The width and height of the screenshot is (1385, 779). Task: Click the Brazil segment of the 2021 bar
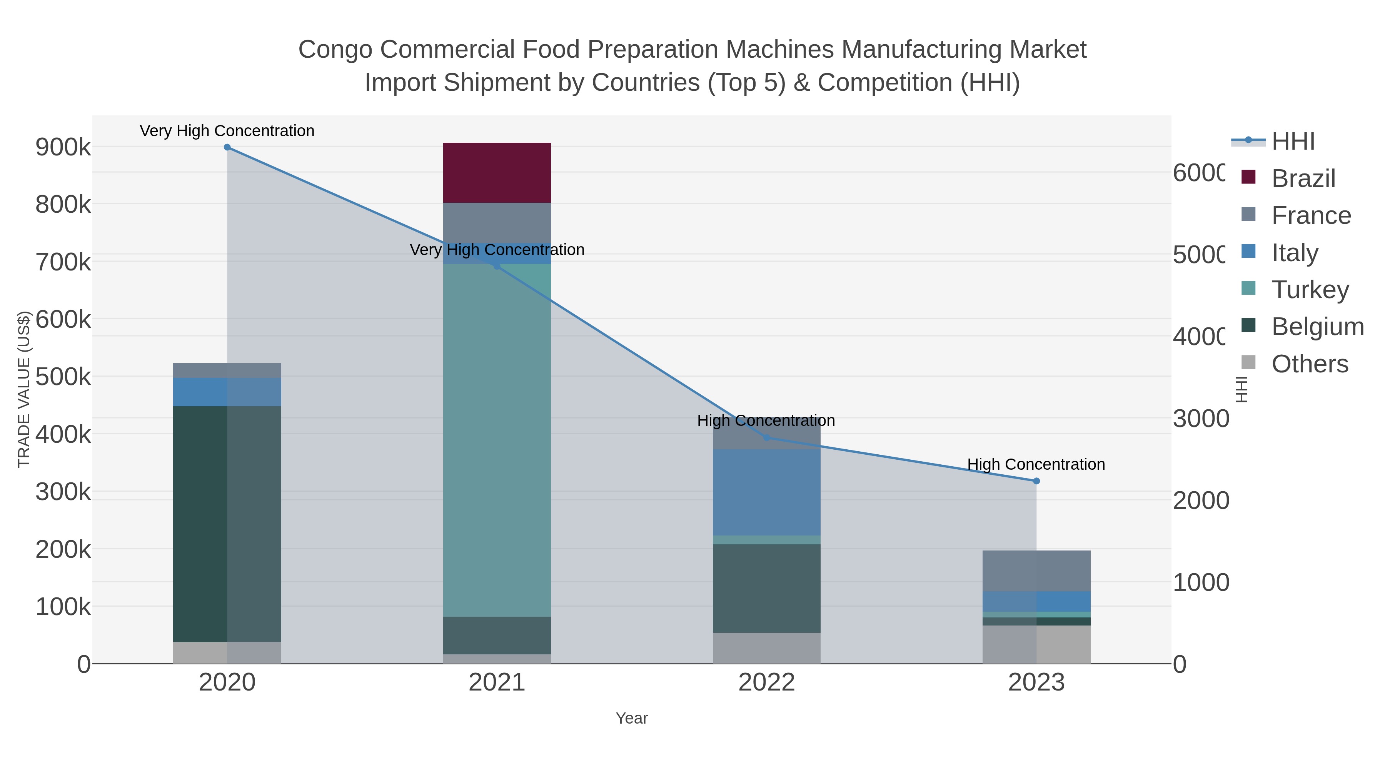497,173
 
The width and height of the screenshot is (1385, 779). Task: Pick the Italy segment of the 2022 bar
767,492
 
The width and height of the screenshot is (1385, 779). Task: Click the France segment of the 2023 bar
1036,570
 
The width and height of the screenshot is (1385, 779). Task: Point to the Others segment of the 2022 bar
767,648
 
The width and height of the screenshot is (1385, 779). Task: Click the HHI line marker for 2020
227,147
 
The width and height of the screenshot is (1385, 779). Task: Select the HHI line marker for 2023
1036,481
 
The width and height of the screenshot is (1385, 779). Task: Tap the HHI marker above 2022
767,438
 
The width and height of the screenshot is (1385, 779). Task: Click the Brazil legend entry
1303,178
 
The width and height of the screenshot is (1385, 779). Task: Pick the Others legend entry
1310,364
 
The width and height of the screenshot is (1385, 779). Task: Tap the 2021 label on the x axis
497,683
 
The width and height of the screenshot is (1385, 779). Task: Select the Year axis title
632,718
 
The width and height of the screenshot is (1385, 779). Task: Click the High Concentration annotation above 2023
1036,464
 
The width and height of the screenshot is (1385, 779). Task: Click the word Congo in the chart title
335,50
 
